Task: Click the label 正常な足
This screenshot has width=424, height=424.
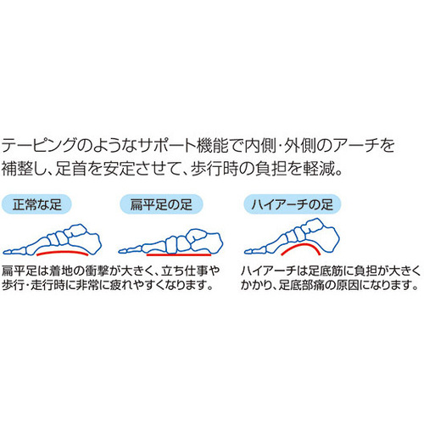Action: (x=36, y=204)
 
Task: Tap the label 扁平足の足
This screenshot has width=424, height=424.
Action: (x=161, y=204)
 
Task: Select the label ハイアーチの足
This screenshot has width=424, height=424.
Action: (x=293, y=204)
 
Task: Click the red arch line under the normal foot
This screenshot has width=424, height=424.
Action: (x=63, y=252)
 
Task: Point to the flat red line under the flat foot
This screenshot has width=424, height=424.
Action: (x=179, y=254)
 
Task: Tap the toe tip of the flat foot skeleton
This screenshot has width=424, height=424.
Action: (x=120, y=251)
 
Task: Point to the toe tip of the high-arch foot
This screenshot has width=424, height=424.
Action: (x=245, y=251)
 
